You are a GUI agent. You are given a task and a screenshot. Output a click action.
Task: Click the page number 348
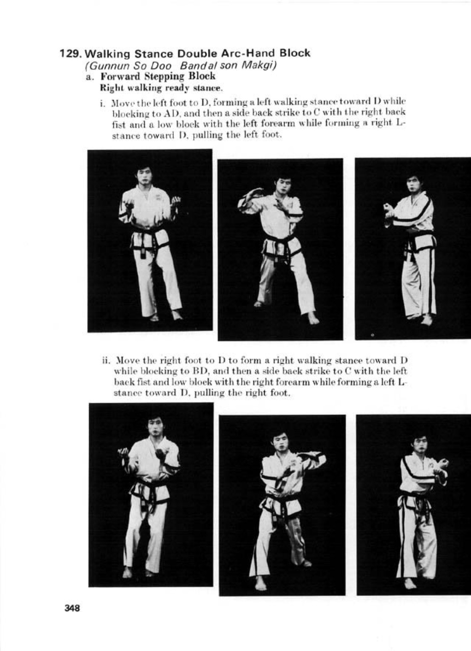(x=72, y=608)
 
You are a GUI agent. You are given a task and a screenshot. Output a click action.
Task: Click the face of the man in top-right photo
(x=413, y=183)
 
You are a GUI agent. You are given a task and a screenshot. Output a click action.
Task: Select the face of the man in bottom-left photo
(x=155, y=427)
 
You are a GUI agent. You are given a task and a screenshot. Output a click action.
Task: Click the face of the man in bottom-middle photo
(x=279, y=440)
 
